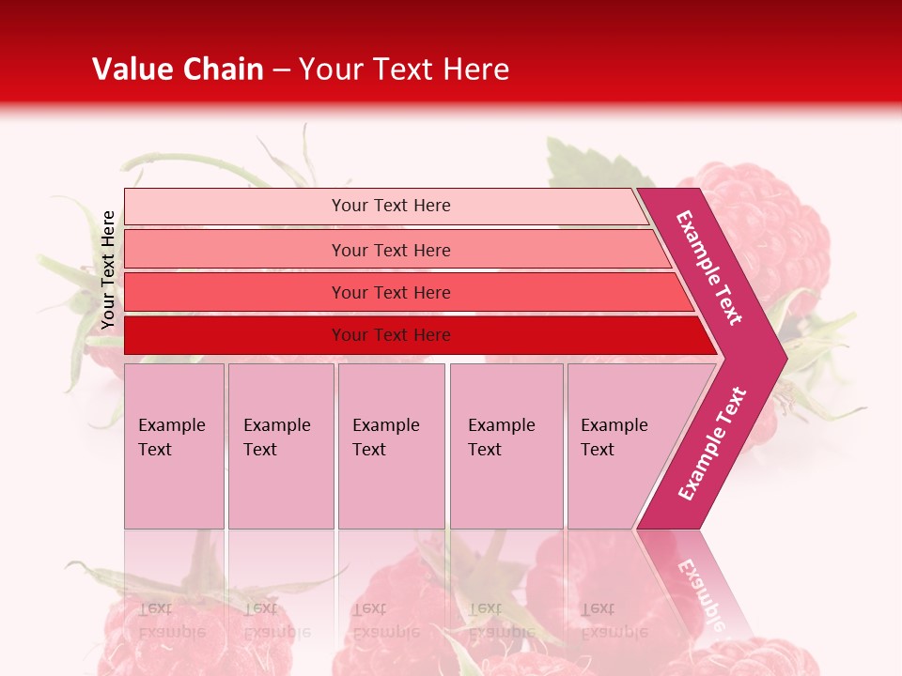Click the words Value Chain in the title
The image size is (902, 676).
tap(178, 69)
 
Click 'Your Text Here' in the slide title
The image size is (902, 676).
tap(404, 69)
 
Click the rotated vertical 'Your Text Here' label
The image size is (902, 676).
tap(108, 269)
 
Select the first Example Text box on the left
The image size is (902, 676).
tap(174, 446)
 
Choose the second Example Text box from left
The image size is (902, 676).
tap(280, 446)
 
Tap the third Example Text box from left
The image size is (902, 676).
tap(391, 446)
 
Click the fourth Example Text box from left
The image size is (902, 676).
tap(506, 446)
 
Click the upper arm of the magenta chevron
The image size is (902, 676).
tap(709, 268)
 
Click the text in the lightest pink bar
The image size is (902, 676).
tap(391, 206)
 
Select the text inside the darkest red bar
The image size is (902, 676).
tap(391, 335)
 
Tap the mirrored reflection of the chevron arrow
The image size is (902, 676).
tap(700, 582)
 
